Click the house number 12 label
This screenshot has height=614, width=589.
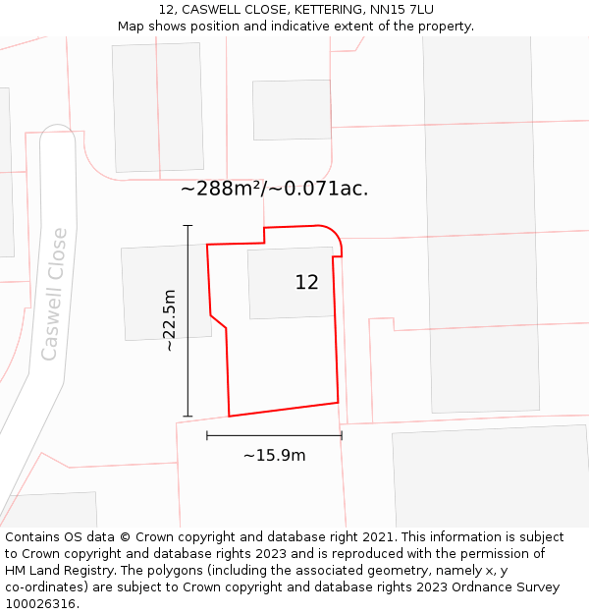click(x=306, y=283)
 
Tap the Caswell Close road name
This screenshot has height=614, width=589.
click(x=55, y=294)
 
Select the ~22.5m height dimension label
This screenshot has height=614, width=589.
click(x=169, y=320)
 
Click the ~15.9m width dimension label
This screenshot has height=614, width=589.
click(x=274, y=455)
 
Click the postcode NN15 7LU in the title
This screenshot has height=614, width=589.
click(x=402, y=10)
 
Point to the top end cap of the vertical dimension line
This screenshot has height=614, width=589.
click(x=187, y=226)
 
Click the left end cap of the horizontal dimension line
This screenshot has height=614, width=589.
click(x=207, y=435)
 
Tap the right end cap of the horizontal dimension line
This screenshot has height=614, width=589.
click(x=342, y=435)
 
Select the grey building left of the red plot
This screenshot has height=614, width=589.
click(x=165, y=293)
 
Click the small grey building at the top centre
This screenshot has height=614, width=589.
click(x=292, y=109)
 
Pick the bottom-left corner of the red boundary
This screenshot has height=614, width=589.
click(x=229, y=416)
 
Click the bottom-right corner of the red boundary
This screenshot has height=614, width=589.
click(x=338, y=402)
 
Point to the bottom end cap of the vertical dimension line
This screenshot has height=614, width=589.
click(x=187, y=417)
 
